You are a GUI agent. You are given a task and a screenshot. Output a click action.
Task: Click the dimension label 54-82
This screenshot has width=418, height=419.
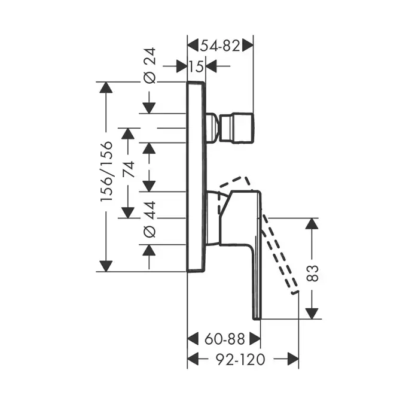pyautogui.click(x=219, y=45)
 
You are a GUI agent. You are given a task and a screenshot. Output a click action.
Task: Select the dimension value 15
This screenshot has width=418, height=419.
pyautogui.click(x=196, y=66)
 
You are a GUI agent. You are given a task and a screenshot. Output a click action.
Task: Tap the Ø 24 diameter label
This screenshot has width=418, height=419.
pyautogui.click(x=149, y=66)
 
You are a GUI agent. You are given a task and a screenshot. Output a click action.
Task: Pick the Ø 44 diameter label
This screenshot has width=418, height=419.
pyautogui.click(x=149, y=218)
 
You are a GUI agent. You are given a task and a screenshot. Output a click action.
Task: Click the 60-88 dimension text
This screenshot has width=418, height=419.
pyautogui.click(x=224, y=339)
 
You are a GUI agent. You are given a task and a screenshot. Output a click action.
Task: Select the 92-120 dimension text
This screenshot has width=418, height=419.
pyautogui.click(x=243, y=359)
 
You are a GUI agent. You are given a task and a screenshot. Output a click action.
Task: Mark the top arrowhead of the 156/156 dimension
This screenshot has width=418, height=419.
pyautogui.click(x=106, y=87)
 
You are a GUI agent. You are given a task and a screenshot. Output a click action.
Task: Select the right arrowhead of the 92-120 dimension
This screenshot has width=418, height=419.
pyautogui.click(x=293, y=359)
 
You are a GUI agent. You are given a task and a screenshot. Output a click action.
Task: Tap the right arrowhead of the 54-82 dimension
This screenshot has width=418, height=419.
pyautogui.click(x=247, y=45)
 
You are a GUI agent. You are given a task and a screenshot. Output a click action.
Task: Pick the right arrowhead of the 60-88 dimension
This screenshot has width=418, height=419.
pyautogui.click(x=255, y=339)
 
